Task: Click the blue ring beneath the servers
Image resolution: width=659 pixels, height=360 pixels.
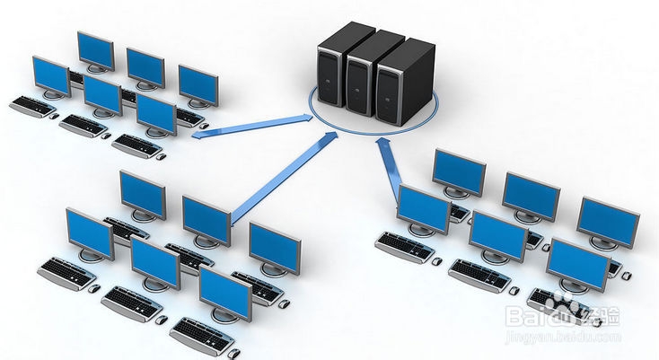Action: tap(314, 116)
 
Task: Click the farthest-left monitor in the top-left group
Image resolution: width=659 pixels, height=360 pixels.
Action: tap(51, 76)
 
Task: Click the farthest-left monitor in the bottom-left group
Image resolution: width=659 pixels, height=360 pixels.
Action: tap(89, 232)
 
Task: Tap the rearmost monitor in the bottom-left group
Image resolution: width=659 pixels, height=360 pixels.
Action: tap(143, 192)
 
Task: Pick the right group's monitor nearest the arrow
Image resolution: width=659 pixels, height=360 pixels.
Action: tap(423, 208)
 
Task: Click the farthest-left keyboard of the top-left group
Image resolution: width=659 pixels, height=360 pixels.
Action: tap(32, 105)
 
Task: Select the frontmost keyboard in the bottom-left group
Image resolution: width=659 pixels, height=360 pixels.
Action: tap(201, 334)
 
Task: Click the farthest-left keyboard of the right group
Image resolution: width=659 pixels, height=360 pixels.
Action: tap(404, 244)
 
